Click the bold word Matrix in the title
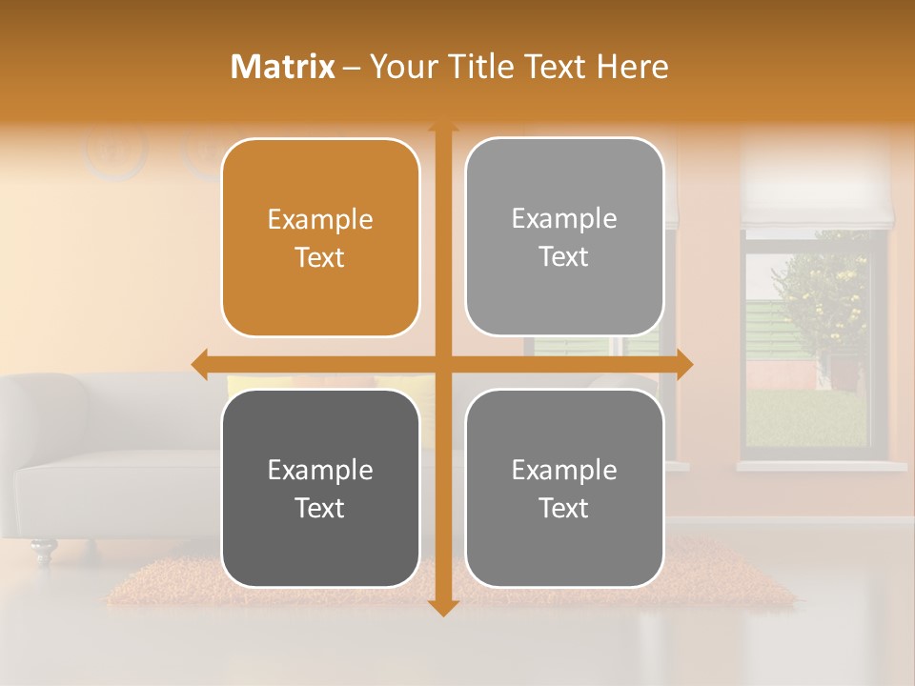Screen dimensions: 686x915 tap(283, 67)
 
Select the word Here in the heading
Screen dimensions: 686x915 tap(633, 67)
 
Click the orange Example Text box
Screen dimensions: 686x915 tap(320, 238)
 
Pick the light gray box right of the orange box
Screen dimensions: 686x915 tap(564, 237)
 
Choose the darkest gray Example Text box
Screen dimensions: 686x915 tap(320, 488)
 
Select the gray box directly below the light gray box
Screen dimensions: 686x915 tap(564, 488)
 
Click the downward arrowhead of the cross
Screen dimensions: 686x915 tap(442, 608)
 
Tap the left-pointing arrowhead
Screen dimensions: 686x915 tap(200, 363)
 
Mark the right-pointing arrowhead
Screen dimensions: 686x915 tap(683, 363)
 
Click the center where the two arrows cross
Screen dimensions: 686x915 tap(442, 363)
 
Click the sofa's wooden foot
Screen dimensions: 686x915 tap(43, 549)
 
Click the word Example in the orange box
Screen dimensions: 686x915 tap(320, 220)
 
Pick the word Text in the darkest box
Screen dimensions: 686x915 tap(320, 508)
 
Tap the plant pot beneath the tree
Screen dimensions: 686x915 tap(843, 372)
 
